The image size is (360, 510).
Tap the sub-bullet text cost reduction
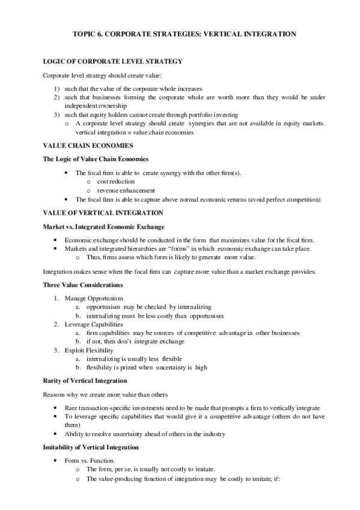pos(115,181)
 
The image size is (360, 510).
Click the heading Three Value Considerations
pos(83,284)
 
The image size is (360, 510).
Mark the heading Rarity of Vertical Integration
pos(84,381)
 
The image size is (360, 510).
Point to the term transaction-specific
pos(108,407)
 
